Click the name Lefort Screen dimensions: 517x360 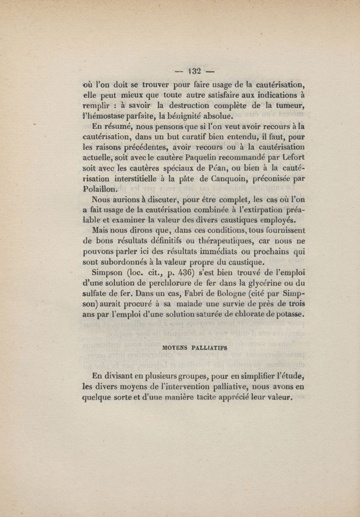[x=291, y=156]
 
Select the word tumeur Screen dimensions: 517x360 [x=288, y=105]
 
